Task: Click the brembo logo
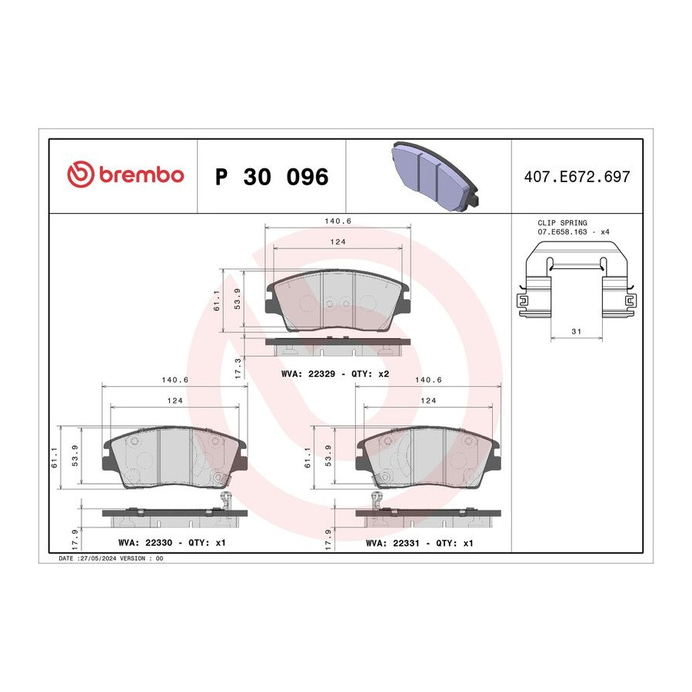[x=125, y=175]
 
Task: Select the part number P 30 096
[x=272, y=177]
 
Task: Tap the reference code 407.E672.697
[x=577, y=177]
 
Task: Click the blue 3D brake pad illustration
[x=434, y=175]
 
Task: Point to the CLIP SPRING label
[x=562, y=223]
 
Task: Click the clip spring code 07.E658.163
[x=562, y=231]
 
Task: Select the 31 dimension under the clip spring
[x=577, y=331]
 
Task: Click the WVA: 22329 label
[x=308, y=374]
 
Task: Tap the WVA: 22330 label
[x=145, y=543]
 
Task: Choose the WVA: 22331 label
[x=392, y=544]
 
